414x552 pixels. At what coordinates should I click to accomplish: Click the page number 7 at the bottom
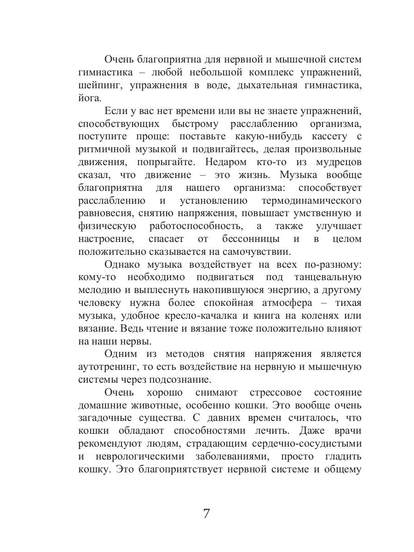[x=206, y=513]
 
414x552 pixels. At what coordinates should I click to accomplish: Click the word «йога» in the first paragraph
[x=89, y=98]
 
